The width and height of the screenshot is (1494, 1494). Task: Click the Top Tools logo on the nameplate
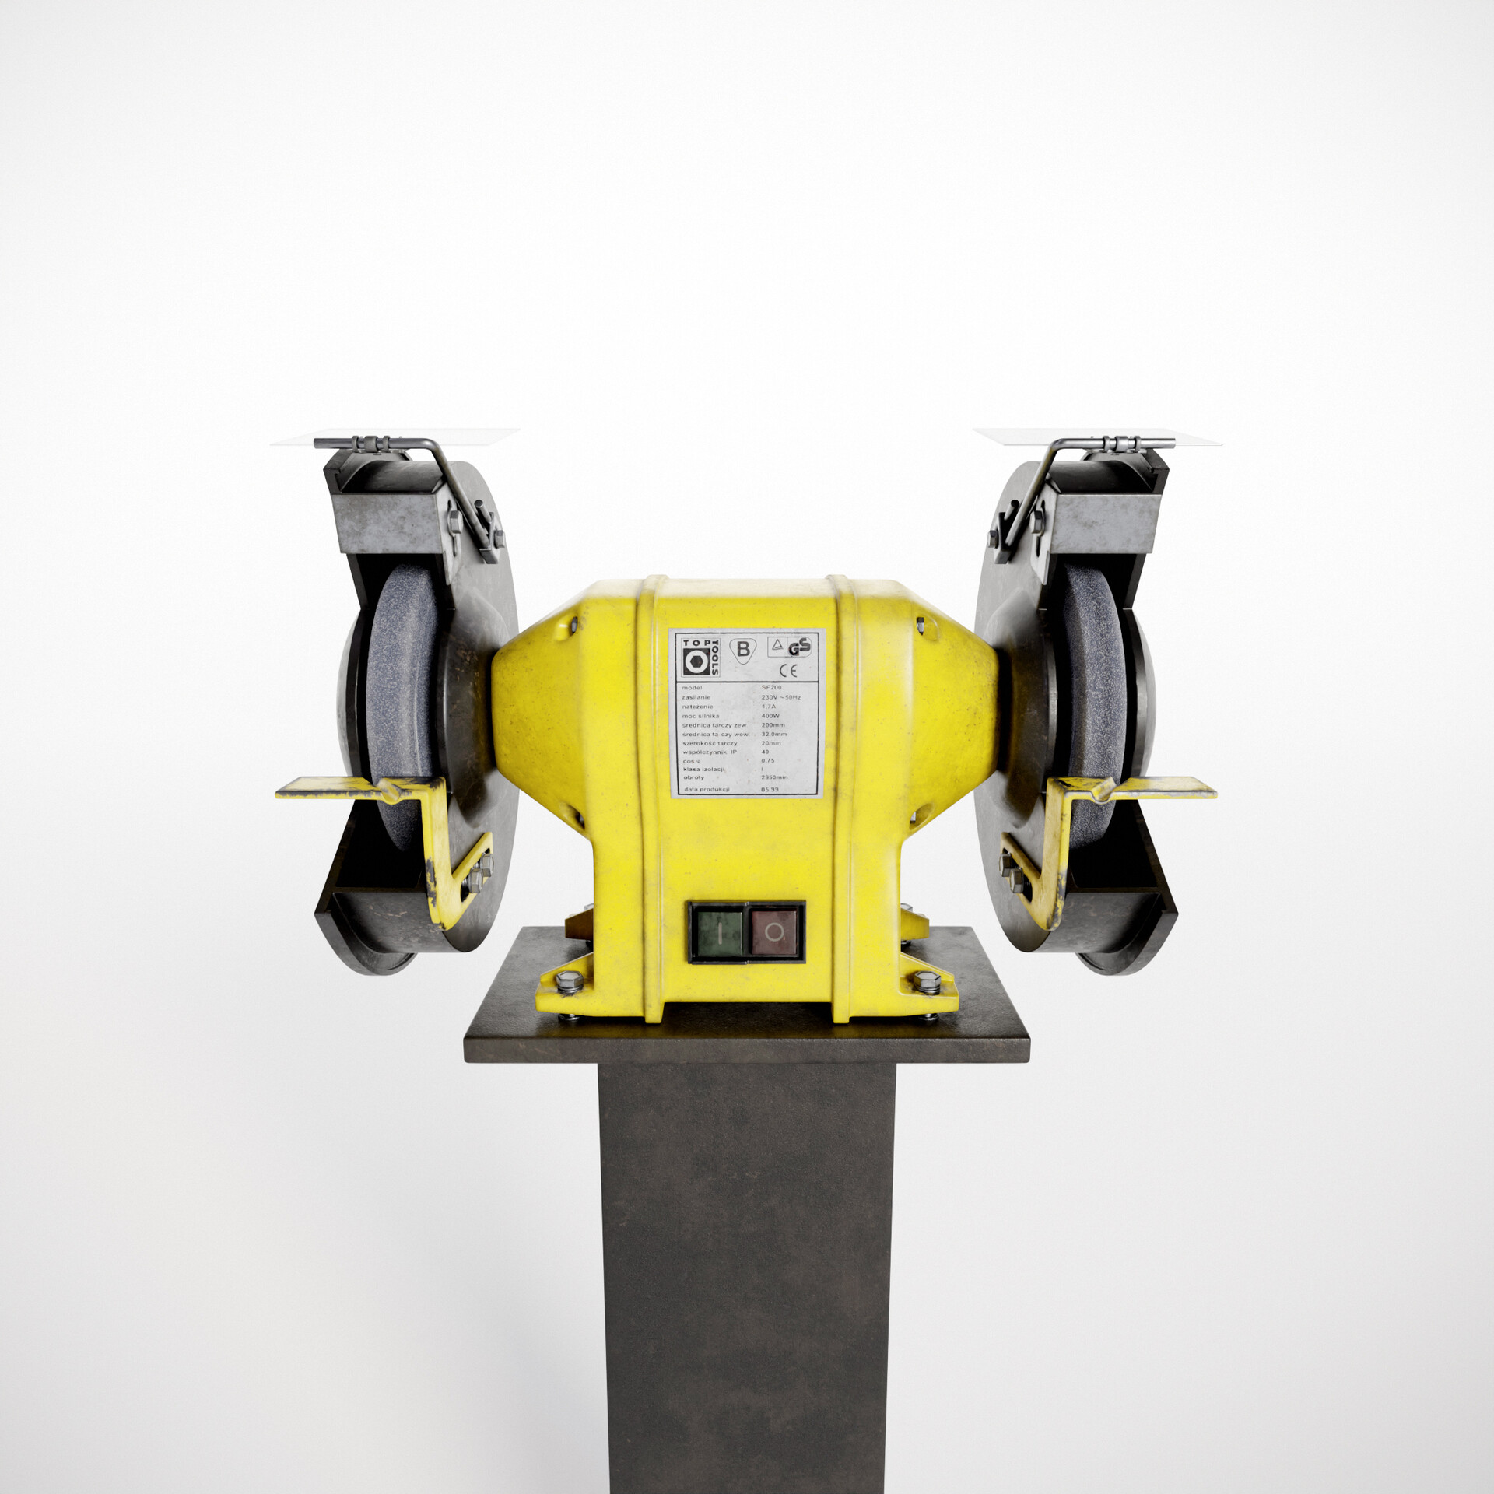[700, 656]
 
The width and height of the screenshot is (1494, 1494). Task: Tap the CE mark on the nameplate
[787, 672]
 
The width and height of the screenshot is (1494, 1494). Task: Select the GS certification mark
[799, 647]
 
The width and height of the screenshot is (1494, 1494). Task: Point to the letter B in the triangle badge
[743, 649]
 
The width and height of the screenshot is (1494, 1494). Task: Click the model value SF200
[771, 688]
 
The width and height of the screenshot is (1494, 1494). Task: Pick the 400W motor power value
[770, 716]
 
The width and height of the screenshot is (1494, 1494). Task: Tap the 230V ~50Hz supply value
[780, 697]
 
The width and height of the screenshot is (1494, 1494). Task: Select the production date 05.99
[769, 789]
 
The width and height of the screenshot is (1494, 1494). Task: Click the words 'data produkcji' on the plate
[707, 789]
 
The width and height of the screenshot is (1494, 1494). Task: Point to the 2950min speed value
[773, 777]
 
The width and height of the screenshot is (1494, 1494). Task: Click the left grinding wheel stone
[402, 700]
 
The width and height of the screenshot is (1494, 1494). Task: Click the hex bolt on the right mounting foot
[926, 979]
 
